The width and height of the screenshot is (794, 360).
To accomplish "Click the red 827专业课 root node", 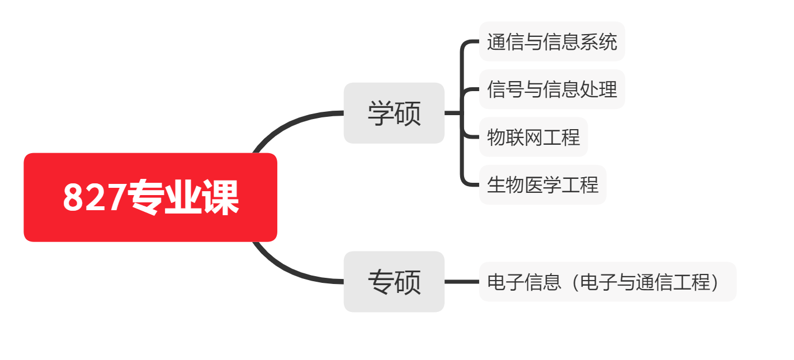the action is click(x=150, y=197).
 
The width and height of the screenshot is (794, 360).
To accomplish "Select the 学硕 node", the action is click(x=394, y=113).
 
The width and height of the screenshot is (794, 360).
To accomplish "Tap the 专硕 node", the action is click(x=394, y=282).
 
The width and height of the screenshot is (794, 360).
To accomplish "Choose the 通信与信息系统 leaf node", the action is click(x=552, y=41).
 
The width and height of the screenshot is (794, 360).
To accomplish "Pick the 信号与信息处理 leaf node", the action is click(x=552, y=89).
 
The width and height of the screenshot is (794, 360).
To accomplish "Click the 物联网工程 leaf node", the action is click(x=533, y=137).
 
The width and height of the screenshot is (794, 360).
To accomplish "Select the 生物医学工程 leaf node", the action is click(x=543, y=184).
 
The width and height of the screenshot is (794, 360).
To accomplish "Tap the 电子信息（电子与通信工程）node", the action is click(x=608, y=282).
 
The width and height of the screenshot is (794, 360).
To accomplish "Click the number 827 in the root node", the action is click(x=94, y=197).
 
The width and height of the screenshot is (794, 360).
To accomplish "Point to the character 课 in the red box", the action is click(x=220, y=197).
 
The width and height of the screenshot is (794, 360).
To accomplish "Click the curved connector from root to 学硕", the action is click(x=291, y=124).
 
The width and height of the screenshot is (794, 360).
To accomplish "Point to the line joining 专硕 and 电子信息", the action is click(x=462, y=282).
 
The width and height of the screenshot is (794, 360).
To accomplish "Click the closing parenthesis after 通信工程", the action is click(x=715, y=282).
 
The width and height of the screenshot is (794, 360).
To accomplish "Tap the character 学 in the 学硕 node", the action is click(x=381, y=113).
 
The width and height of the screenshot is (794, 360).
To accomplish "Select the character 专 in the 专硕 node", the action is click(x=381, y=282).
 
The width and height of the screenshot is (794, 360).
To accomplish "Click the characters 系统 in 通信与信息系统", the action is click(x=599, y=42).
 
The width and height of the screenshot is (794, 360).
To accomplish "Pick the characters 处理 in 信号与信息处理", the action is click(x=599, y=89).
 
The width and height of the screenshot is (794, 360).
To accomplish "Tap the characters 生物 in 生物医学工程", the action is click(x=505, y=185).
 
